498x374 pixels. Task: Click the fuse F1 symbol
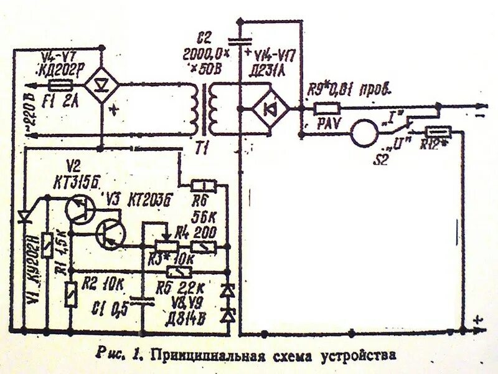[x=59, y=88]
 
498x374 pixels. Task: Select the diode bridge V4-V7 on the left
[x=100, y=84]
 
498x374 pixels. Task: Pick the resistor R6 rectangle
[x=204, y=185]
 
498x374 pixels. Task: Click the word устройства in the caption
[x=360, y=356]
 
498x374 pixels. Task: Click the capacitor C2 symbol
[x=240, y=41]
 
